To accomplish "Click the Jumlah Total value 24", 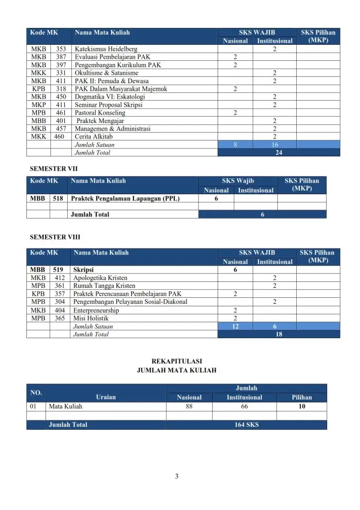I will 279,153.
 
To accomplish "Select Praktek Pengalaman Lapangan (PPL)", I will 125,198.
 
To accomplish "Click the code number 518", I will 58,198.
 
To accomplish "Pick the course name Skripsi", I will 84,270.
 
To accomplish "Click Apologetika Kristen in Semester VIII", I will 100,278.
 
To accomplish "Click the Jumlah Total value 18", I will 279,334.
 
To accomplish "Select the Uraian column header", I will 106,397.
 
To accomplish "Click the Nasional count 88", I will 189,406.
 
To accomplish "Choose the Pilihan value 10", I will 302,406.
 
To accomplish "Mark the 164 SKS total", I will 246,425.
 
